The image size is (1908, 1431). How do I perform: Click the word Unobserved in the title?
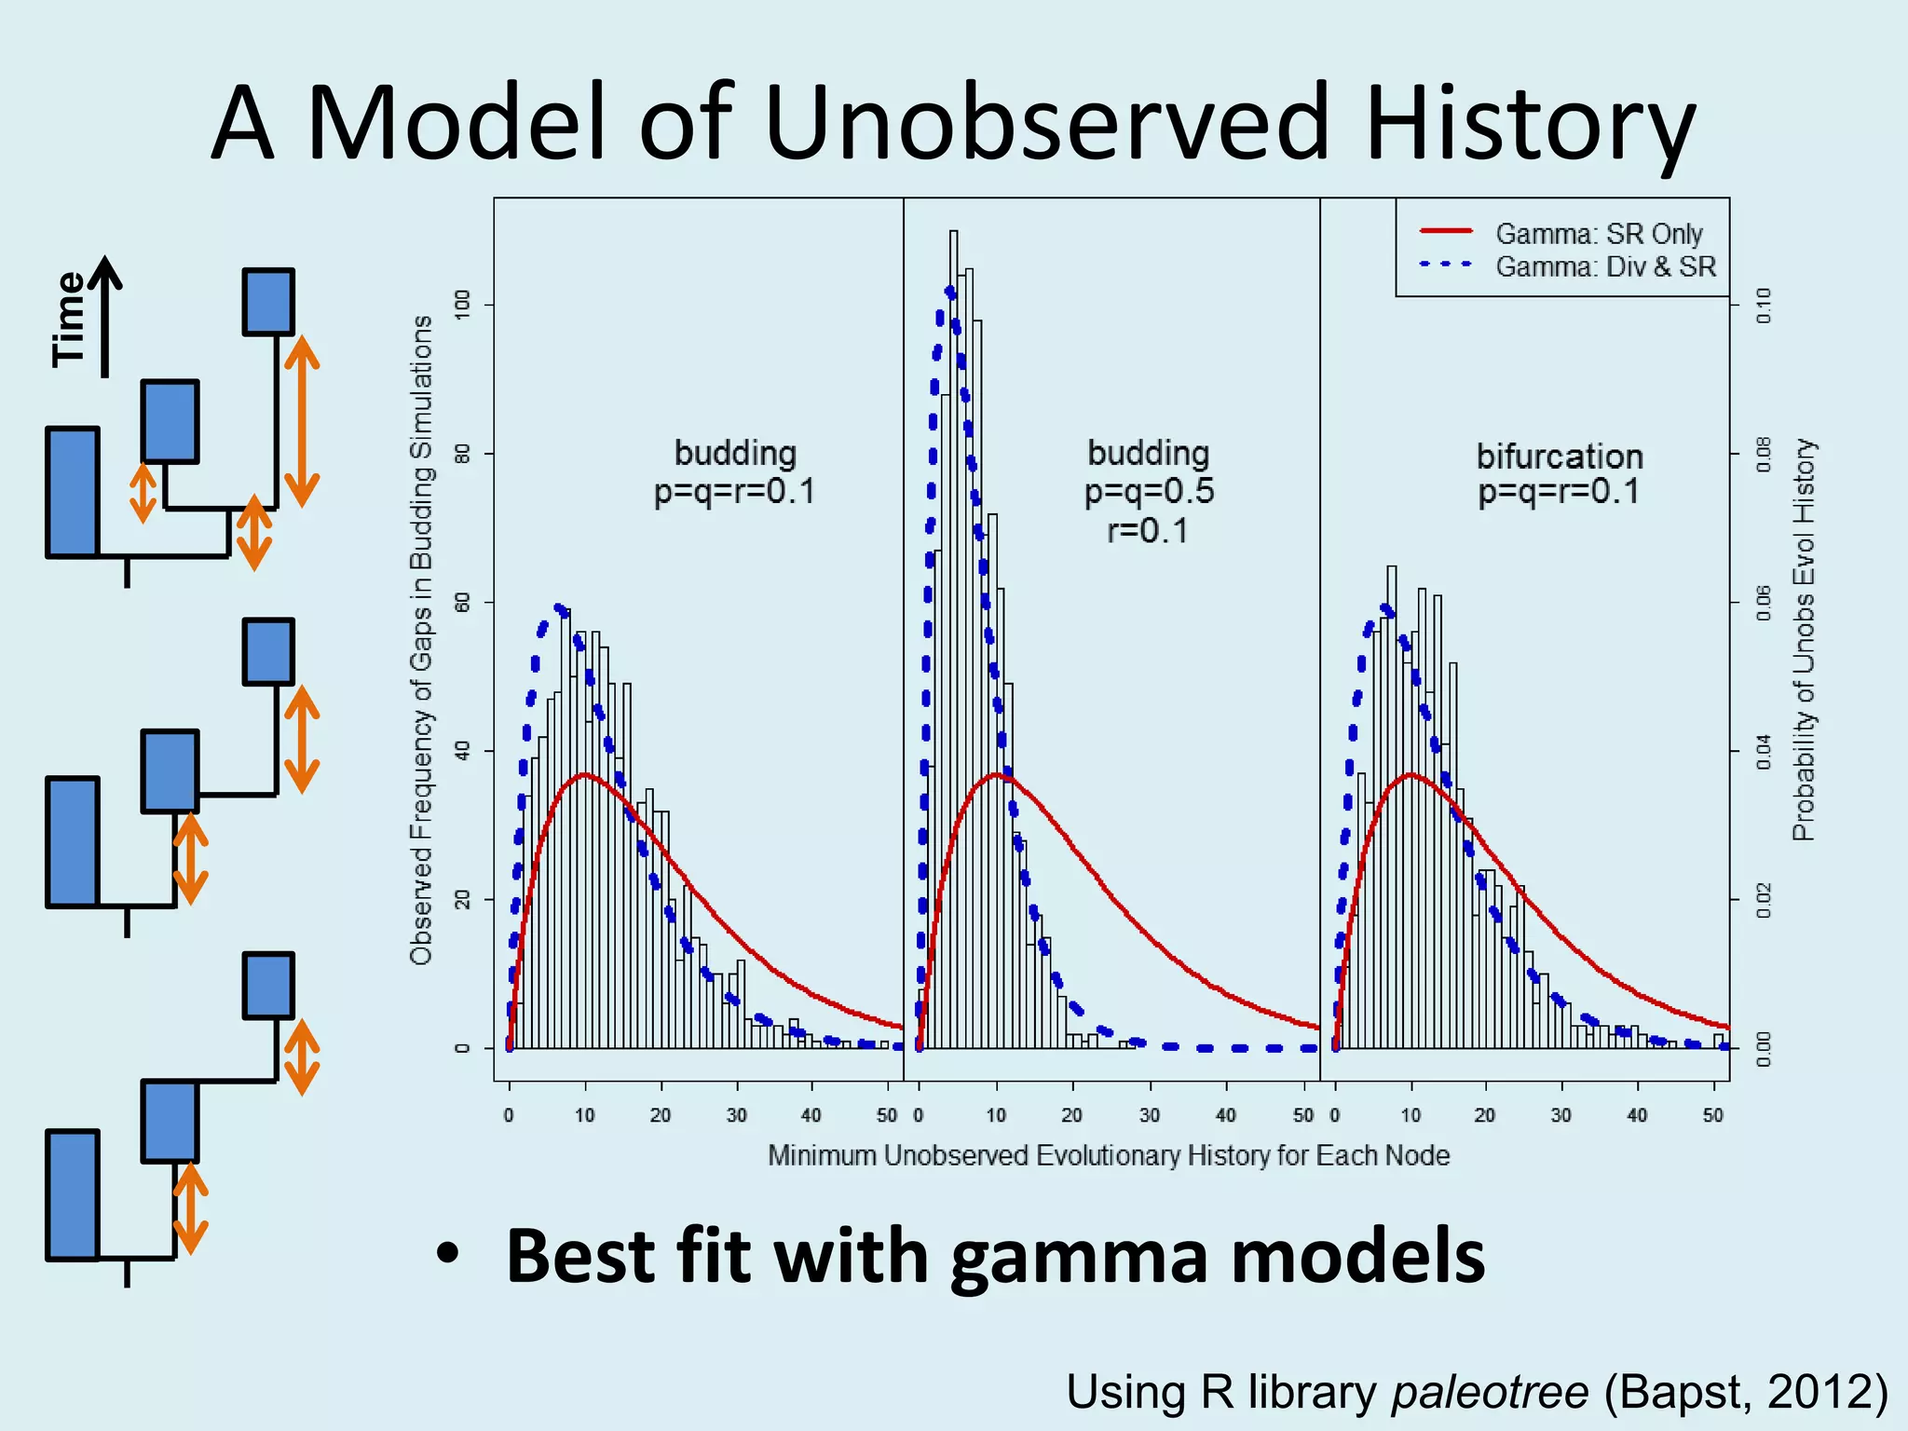click(x=1047, y=123)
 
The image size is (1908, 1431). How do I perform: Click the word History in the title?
click(x=1528, y=123)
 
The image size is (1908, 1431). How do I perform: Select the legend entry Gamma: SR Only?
click(x=1599, y=233)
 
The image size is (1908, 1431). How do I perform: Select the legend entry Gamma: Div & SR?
click(x=1605, y=266)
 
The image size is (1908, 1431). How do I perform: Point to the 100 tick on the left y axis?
click(x=462, y=305)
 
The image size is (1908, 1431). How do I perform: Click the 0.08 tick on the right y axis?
click(x=1763, y=454)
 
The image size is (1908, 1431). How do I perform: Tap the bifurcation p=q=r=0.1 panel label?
click(x=1560, y=473)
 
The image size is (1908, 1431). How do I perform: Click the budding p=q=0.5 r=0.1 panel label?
click(x=1149, y=491)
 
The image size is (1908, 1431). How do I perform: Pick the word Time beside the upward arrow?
click(x=69, y=319)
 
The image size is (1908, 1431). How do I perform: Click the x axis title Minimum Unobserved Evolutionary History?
click(x=1109, y=1155)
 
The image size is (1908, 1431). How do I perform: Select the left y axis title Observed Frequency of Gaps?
click(x=421, y=639)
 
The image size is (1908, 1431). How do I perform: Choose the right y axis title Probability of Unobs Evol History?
click(x=1804, y=639)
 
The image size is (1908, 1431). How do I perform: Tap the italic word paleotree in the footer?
click(x=1489, y=1392)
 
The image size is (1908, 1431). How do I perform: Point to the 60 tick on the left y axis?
click(x=462, y=602)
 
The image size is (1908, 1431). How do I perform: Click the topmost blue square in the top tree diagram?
click(x=268, y=302)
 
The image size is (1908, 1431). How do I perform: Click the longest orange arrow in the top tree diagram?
click(x=302, y=421)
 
